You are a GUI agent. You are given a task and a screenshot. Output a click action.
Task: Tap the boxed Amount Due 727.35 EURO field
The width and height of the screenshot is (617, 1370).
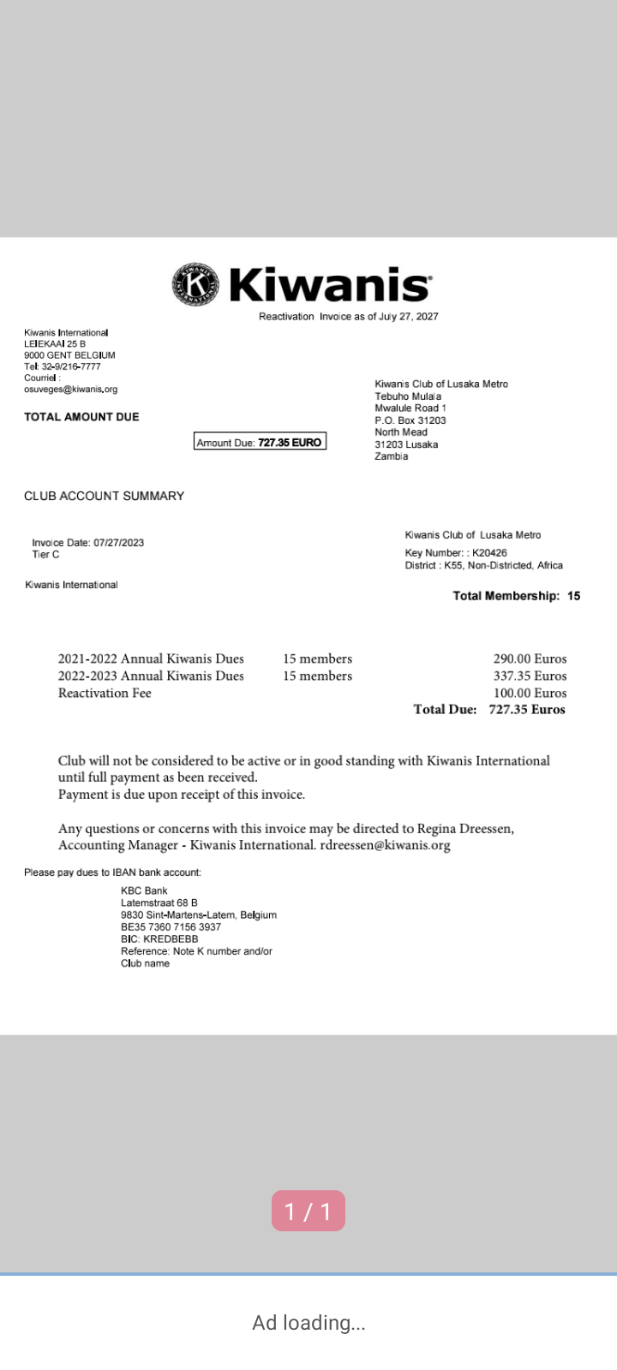click(x=260, y=443)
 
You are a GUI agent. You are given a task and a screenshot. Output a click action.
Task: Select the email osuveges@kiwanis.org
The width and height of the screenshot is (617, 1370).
click(x=70, y=390)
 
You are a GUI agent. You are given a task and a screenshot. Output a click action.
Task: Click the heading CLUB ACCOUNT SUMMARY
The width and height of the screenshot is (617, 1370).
click(x=104, y=496)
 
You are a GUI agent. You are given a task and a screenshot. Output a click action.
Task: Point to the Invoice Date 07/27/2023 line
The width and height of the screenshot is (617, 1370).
click(x=87, y=543)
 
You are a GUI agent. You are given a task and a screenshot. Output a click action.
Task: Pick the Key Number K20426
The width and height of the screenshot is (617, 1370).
click(x=456, y=553)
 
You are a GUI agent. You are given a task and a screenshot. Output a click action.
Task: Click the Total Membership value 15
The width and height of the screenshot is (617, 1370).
click(x=573, y=596)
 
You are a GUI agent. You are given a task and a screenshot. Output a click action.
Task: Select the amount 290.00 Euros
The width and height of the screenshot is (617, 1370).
click(x=530, y=659)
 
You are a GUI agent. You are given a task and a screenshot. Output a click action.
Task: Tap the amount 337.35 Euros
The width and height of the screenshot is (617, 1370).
click(x=530, y=676)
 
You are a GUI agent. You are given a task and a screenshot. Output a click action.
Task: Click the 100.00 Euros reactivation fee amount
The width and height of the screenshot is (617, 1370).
click(x=530, y=694)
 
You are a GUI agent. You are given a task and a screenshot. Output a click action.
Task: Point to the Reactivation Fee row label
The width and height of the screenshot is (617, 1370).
click(x=105, y=694)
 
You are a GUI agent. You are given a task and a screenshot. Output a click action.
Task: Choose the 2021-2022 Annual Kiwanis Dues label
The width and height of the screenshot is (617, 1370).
click(x=151, y=659)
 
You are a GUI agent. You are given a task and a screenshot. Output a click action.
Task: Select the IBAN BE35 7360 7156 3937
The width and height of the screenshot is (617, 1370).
click(x=171, y=927)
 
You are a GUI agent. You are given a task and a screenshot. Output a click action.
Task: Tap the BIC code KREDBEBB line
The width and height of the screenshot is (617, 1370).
click(x=159, y=939)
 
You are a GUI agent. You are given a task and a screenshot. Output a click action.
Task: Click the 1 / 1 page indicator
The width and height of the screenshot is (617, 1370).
click(x=308, y=1211)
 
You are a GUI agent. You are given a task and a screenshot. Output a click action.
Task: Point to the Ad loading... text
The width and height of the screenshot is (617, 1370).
click(x=308, y=1323)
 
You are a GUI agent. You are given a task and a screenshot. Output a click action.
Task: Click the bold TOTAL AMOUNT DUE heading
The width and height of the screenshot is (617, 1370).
click(x=81, y=417)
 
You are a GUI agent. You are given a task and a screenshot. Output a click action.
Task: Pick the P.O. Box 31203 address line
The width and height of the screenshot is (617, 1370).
click(x=410, y=420)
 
